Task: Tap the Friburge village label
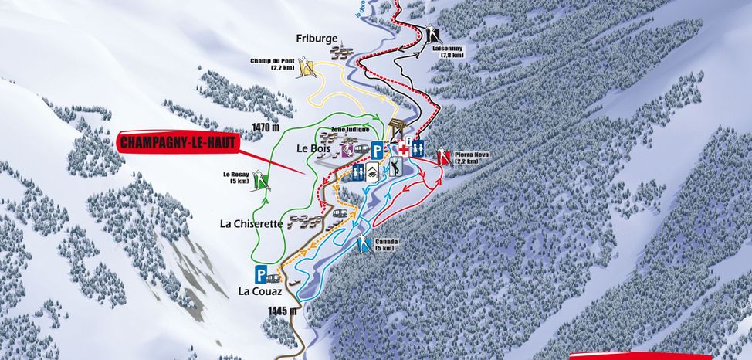click(x=317, y=38)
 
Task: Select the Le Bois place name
click(x=313, y=146)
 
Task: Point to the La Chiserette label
click(x=252, y=224)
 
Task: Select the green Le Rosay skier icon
click(x=267, y=182)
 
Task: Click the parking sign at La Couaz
click(x=261, y=274)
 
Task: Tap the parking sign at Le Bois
click(x=377, y=150)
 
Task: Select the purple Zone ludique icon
click(x=348, y=148)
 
